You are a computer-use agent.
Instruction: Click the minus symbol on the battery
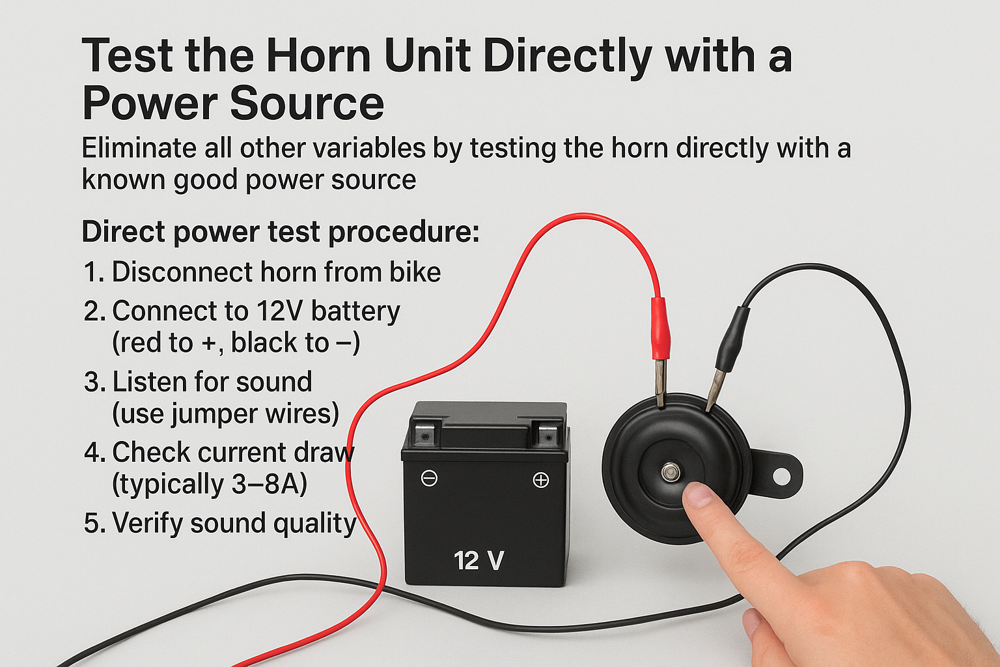(429, 479)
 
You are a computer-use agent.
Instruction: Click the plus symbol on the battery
(541, 480)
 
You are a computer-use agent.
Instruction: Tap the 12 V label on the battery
(479, 561)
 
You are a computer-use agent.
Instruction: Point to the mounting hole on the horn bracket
(781, 476)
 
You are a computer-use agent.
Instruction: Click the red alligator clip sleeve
(660, 328)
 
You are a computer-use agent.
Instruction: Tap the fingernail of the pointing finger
(699, 496)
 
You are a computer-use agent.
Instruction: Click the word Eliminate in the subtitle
(139, 149)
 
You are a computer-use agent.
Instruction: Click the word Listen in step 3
(150, 382)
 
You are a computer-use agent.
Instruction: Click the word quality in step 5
(314, 524)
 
